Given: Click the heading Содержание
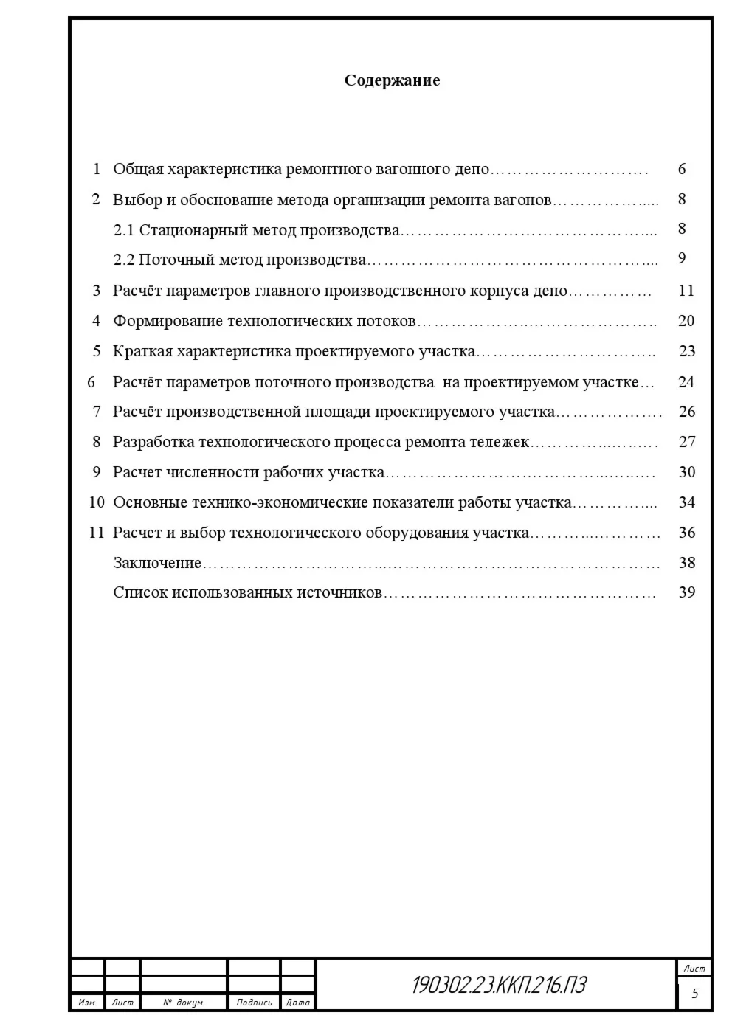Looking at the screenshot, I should (x=392, y=80).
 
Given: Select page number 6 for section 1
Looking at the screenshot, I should (x=682, y=169).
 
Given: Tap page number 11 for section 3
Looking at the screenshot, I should (x=686, y=291).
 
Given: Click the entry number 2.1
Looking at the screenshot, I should (x=124, y=230).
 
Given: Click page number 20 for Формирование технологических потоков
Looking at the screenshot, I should (x=686, y=321).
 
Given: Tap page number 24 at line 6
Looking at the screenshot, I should (x=686, y=382).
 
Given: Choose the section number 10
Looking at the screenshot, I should (x=97, y=502).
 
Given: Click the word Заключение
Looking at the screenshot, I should (x=157, y=563).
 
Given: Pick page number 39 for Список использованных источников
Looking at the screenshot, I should (x=686, y=592).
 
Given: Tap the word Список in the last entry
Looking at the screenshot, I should (x=140, y=592).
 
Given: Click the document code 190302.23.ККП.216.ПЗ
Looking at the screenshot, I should (x=499, y=985).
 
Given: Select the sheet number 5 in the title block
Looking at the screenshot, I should (x=694, y=994).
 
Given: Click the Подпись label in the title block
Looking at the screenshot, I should (x=254, y=1003).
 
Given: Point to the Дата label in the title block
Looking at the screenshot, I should (x=297, y=1003).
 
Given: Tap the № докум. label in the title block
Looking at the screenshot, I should (x=184, y=1003).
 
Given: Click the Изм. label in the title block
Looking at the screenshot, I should (x=87, y=1003).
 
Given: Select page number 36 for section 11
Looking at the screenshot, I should (x=686, y=533).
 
